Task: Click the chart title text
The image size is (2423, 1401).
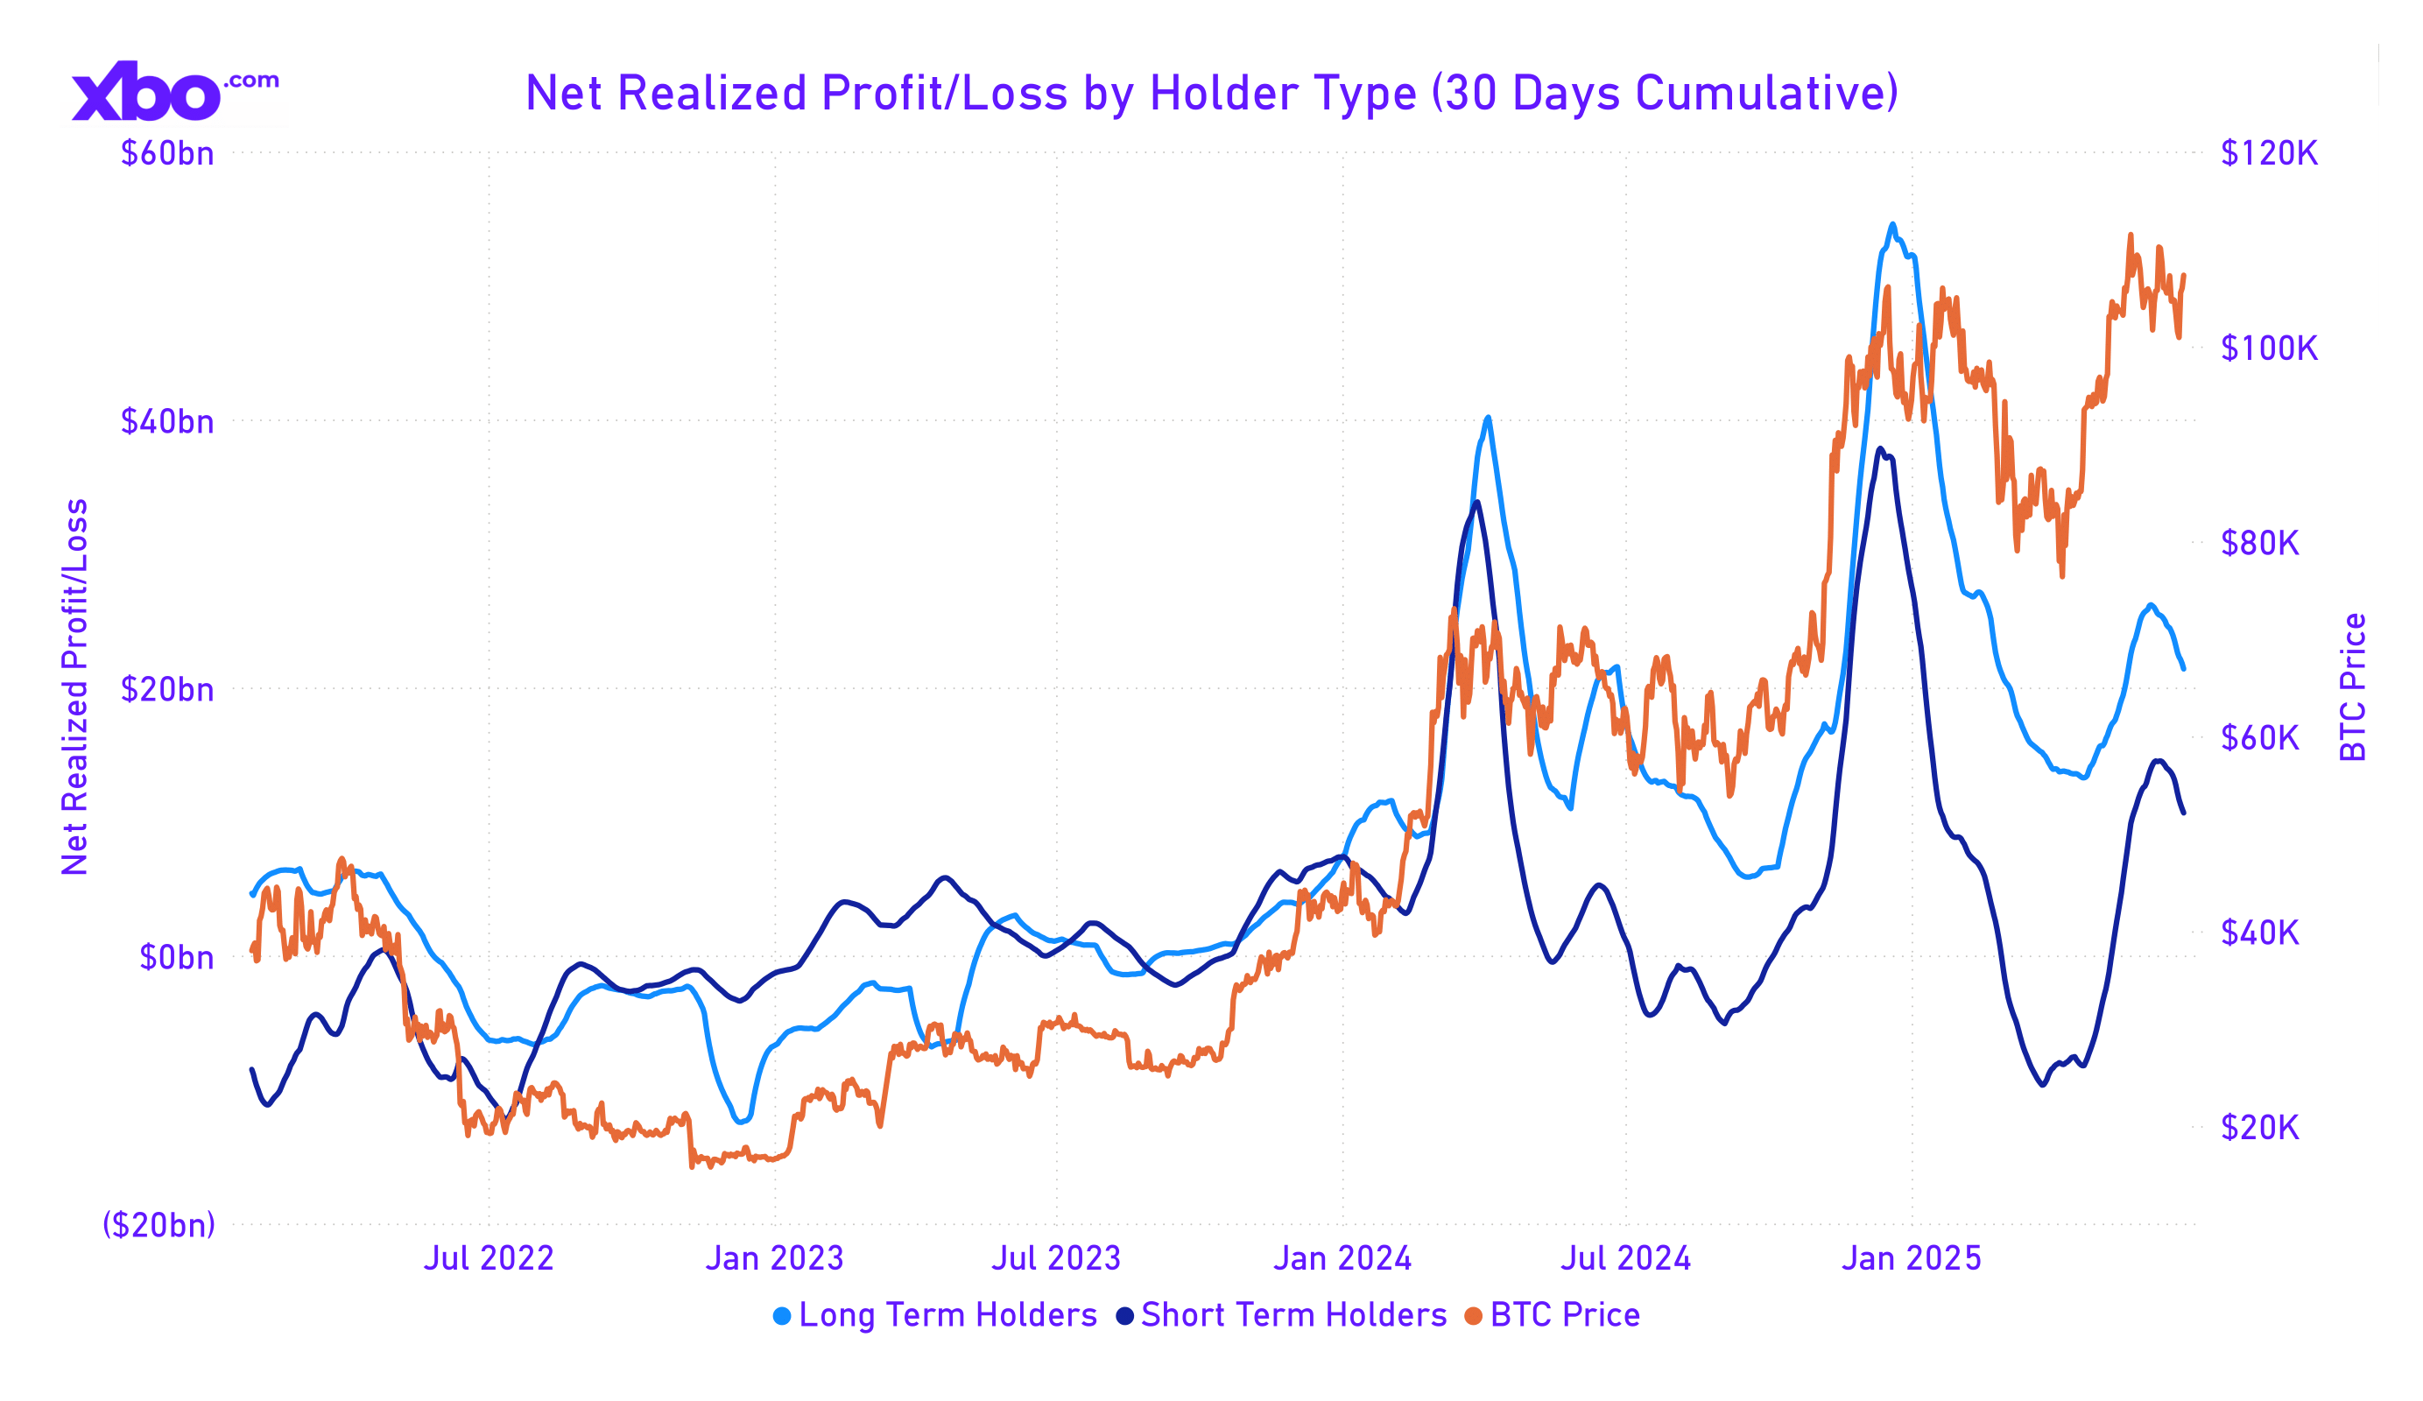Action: coord(1212,94)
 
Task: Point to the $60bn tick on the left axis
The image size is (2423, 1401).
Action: coord(167,154)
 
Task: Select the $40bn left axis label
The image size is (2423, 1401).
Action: coord(167,422)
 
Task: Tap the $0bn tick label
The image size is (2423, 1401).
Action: coord(177,958)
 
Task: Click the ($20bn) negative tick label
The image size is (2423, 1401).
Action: coord(158,1225)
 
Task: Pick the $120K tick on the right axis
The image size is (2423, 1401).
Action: coord(2269,154)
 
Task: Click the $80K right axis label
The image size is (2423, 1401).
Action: coord(2259,543)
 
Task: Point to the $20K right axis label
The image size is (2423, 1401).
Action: coord(2259,1127)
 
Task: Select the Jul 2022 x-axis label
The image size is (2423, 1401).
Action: coord(489,1258)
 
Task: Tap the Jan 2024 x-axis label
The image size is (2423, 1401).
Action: coord(1342,1258)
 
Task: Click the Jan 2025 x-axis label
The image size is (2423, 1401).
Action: coord(1912,1258)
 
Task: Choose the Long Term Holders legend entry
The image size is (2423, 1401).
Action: coord(934,1315)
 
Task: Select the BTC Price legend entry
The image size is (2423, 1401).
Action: coord(1552,1315)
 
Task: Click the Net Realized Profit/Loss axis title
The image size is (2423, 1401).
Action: coord(75,687)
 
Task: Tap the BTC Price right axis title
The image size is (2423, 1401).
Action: coord(2353,687)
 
